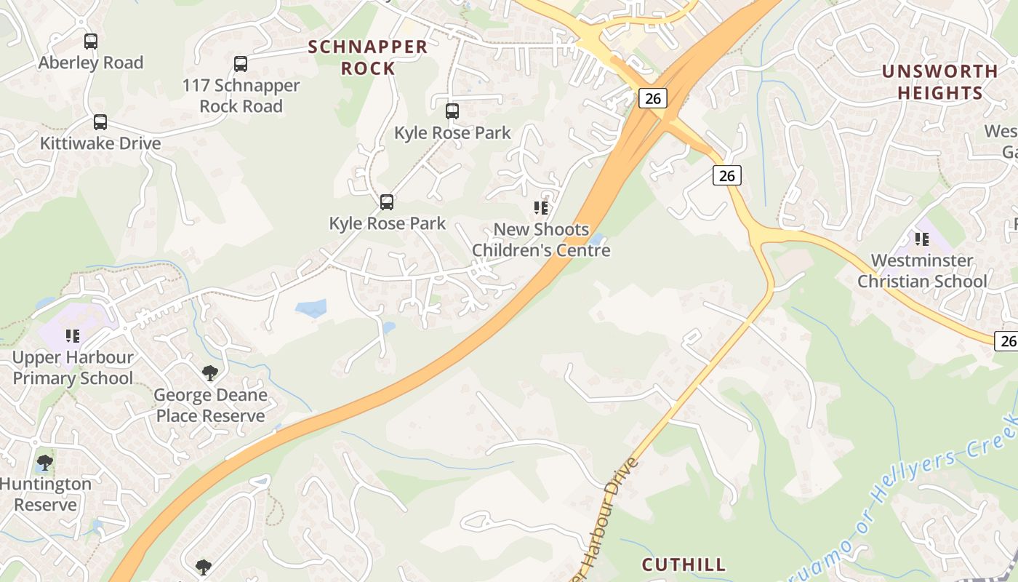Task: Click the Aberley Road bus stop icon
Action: [x=91, y=41]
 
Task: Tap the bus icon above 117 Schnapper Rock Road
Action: [x=241, y=64]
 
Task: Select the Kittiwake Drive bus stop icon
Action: [x=100, y=122]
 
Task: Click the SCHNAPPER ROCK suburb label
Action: [x=367, y=57]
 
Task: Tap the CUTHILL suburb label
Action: [x=684, y=565]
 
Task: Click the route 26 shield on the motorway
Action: [x=653, y=97]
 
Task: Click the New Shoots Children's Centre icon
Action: [x=540, y=208]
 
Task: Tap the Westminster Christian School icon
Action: [x=922, y=239]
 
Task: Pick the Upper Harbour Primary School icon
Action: [x=73, y=335]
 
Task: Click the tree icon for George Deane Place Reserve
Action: [x=210, y=374]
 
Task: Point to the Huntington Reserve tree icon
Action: [x=45, y=463]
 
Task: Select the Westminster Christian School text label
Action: [x=922, y=271]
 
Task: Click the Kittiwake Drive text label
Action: [x=100, y=143]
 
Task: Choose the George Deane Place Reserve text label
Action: [x=211, y=406]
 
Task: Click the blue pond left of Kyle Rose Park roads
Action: [x=310, y=308]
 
